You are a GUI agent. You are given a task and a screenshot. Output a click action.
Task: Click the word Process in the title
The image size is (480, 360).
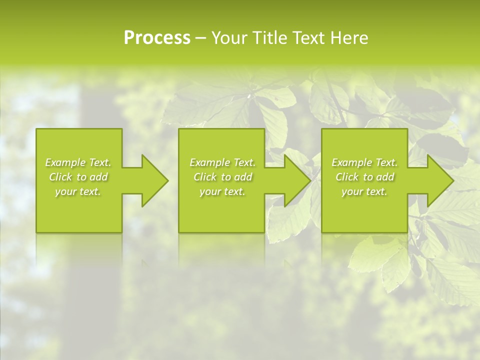[157, 38]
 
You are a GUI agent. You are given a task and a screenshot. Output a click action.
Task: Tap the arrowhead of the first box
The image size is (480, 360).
[152, 180]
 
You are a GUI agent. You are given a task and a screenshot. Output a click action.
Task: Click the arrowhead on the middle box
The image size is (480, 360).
[295, 180]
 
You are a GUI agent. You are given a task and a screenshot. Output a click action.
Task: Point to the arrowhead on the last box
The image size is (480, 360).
[438, 180]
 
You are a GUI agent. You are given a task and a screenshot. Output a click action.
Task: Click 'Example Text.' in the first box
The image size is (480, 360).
[78, 162]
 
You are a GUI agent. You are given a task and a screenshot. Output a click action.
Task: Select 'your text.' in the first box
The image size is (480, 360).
[78, 191]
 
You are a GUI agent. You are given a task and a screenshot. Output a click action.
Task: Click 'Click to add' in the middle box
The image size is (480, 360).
[222, 177]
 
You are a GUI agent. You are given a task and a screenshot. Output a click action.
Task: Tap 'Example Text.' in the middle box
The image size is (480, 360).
[222, 162]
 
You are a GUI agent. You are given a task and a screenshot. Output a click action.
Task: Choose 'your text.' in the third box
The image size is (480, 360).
[364, 191]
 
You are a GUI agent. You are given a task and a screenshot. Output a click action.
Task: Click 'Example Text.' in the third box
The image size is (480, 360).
[364, 162]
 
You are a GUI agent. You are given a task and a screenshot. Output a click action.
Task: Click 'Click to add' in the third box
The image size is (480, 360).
[364, 177]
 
